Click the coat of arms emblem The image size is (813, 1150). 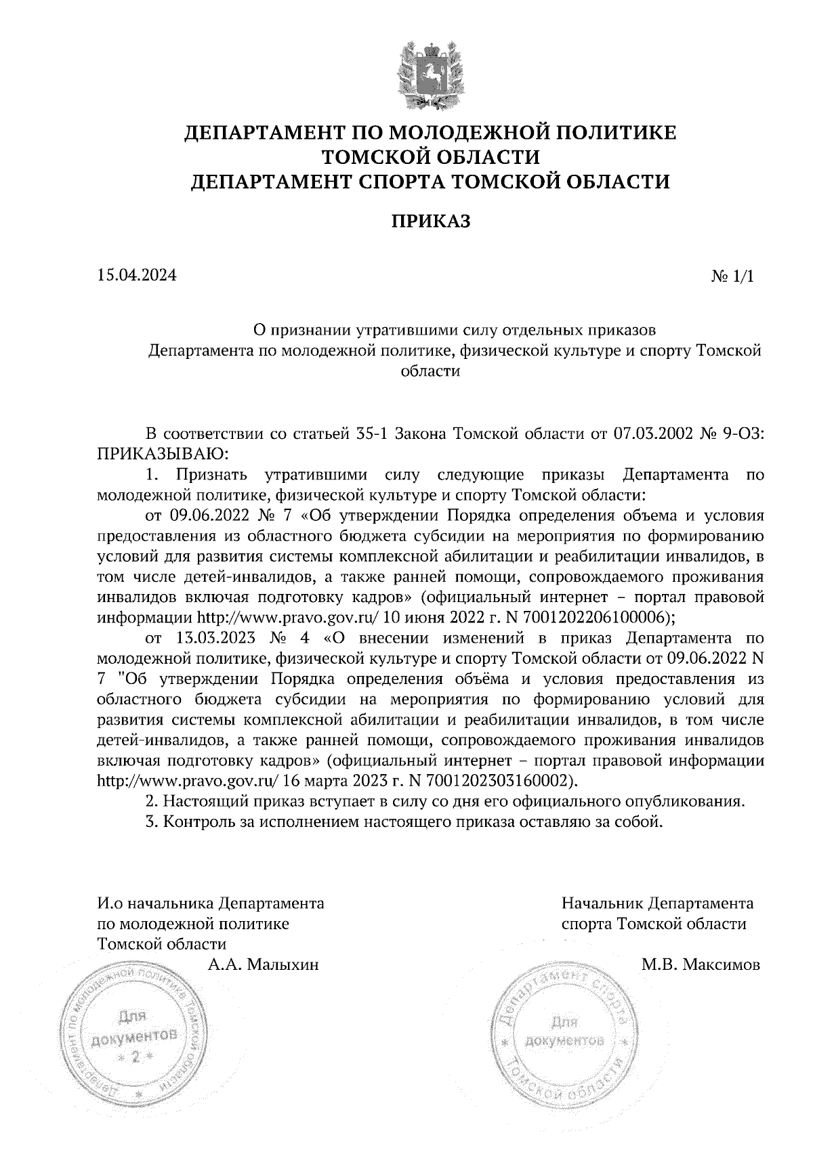[430, 75]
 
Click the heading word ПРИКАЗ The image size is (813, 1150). [430, 221]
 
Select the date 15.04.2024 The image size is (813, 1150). [137, 276]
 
